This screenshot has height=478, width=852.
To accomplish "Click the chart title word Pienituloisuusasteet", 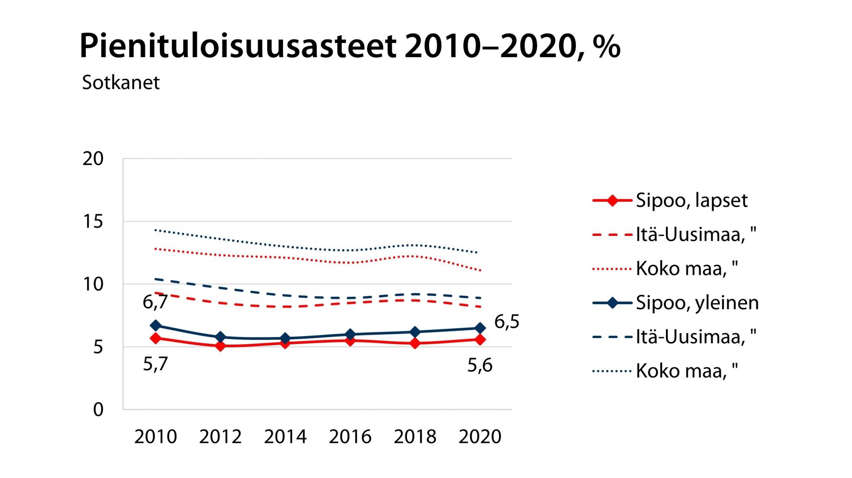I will click(x=238, y=47).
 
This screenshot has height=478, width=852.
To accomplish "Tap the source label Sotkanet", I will click(x=121, y=82).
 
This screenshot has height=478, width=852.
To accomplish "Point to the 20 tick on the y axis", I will click(x=93, y=159).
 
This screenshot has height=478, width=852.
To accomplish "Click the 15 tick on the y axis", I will click(x=93, y=222).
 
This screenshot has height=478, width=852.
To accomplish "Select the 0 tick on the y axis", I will click(x=98, y=410).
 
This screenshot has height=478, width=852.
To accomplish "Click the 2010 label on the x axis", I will click(x=155, y=437).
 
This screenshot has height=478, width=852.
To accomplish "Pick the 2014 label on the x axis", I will click(x=285, y=437).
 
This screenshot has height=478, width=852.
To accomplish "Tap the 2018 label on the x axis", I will click(x=415, y=437).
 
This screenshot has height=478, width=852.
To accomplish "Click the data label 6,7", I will click(x=155, y=302).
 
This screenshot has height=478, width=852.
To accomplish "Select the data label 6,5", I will click(x=507, y=322).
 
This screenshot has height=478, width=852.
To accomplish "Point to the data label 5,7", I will click(x=155, y=364).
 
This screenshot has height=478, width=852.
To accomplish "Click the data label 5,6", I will click(x=480, y=366).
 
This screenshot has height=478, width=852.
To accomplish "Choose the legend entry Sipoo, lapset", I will click(x=692, y=201).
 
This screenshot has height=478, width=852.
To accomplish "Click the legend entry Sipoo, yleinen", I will click(x=697, y=303).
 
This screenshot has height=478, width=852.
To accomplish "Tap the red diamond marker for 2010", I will click(x=155, y=339).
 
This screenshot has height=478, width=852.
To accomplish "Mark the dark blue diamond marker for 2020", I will click(x=480, y=328).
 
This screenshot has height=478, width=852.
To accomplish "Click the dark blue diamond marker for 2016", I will click(x=350, y=334).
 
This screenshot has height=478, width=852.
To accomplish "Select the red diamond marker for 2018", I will click(x=415, y=343).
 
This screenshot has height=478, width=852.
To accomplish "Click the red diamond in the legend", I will click(x=612, y=201).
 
